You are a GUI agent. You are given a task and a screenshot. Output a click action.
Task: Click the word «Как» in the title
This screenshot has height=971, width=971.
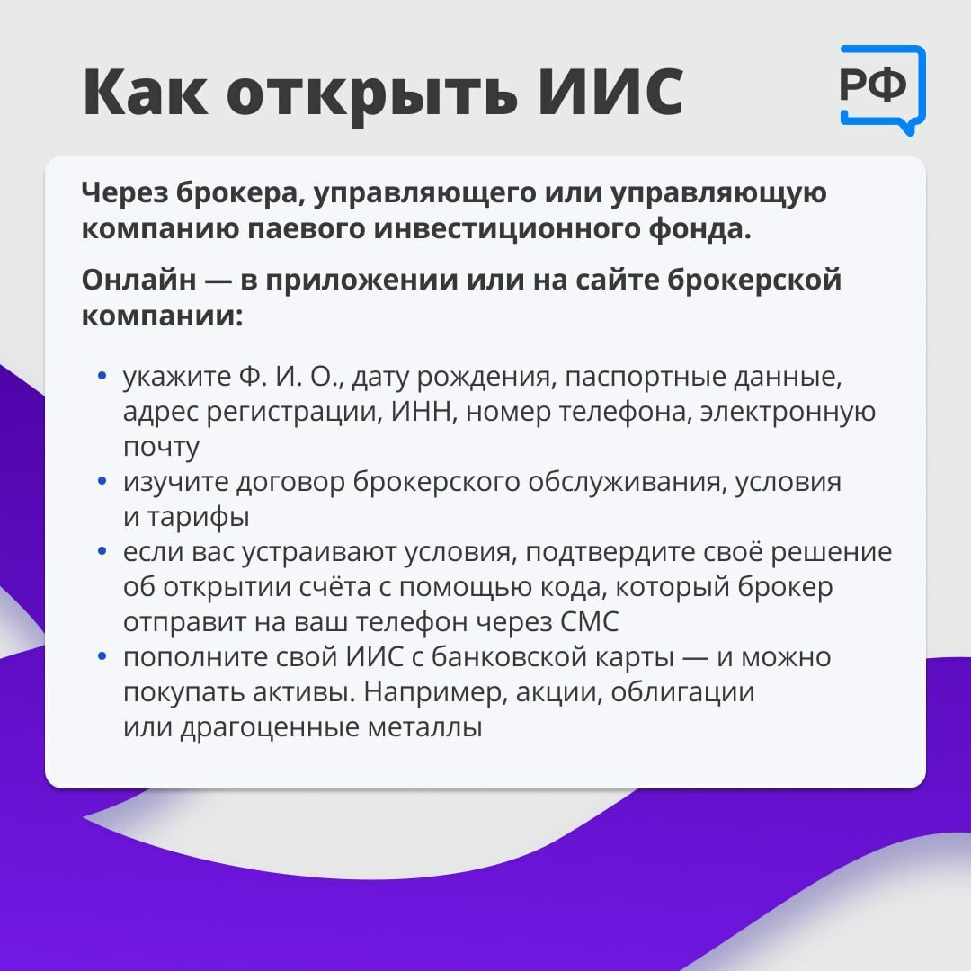(x=147, y=91)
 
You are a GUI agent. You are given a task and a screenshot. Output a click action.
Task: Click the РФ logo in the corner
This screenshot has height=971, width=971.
(x=882, y=89)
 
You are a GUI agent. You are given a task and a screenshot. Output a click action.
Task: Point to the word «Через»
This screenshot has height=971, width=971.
(x=124, y=194)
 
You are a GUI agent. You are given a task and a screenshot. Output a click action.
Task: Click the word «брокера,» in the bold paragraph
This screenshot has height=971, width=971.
(x=241, y=194)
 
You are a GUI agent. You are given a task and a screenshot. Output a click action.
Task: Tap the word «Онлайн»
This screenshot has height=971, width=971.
(x=138, y=280)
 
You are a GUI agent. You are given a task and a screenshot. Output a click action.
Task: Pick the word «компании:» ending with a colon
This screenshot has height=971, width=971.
(x=162, y=317)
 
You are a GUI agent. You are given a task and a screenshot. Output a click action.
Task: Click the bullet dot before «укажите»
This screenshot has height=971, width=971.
(x=102, y=375)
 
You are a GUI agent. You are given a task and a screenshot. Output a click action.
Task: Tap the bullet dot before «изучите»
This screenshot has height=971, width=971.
(x=102, y=480)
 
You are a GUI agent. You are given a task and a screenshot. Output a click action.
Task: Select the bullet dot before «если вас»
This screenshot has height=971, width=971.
(x=102, y=550)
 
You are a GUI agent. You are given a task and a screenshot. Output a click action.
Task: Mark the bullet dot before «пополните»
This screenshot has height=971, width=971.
(x=102, y=655)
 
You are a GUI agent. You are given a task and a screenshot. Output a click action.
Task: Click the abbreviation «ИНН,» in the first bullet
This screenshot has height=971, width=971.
(x=423, y=412)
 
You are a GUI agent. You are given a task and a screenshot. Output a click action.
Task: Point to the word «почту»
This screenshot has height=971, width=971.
(x=161, y=448)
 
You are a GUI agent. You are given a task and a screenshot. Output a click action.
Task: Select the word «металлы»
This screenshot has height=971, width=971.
(x=424, y=727)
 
